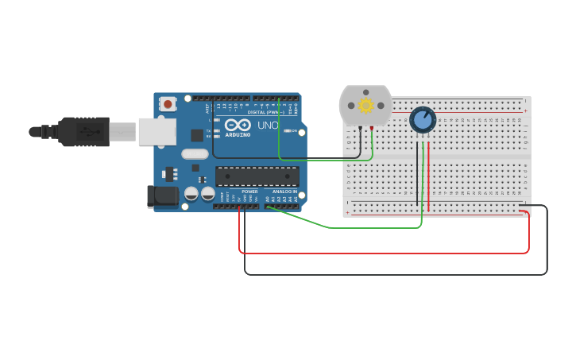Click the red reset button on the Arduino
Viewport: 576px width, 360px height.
168,103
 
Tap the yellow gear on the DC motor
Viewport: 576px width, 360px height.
366,105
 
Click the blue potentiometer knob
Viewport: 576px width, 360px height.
423,120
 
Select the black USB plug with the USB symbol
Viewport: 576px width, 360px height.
84,132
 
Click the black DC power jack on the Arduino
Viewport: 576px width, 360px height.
163,196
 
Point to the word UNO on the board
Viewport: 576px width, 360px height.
267,126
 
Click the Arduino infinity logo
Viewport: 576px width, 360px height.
238,125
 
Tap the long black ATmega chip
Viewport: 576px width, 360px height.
257,176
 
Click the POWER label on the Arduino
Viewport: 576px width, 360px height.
249,192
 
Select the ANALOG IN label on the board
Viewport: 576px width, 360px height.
284,192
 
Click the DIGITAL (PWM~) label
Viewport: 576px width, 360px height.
265,112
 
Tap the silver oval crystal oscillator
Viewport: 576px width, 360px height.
195,154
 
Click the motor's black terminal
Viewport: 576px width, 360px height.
360,127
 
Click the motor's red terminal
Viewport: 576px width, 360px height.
371,127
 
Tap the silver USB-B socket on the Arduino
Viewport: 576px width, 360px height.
157,132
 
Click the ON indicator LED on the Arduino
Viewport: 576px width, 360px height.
287,130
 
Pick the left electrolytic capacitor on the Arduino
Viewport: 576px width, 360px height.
191,193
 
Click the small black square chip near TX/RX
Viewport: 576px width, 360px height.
196,135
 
